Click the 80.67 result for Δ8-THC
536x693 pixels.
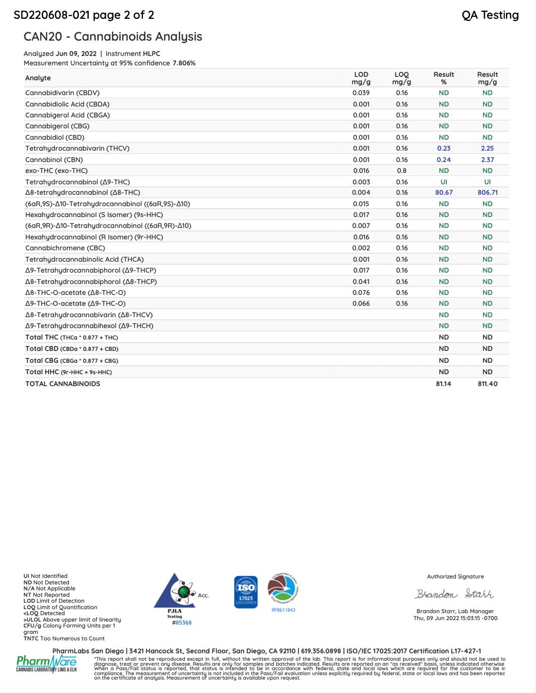coord(444,192)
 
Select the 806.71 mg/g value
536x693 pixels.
coord(487,192)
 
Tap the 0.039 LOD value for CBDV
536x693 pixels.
coord(361,93)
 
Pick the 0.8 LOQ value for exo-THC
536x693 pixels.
coord(402,171)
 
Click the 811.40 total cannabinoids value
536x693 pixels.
coord(487,384)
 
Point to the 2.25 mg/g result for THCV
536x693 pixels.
coord(487,148)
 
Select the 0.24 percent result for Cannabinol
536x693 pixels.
coord(444,160)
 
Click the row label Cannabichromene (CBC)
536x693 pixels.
coord(65,248)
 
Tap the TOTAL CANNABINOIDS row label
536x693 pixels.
coord(63,384)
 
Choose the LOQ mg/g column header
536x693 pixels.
coord(402,78)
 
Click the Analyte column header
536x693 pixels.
coord(38,78)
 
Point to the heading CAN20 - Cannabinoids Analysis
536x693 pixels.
coord(113,37)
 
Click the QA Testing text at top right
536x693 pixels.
coord(490,15)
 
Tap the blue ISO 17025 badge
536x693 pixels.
coord(246,592)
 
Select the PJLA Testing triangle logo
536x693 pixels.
coord(175,592)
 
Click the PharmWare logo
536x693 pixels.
coord(46,663)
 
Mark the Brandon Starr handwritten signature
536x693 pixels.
coord(454,594)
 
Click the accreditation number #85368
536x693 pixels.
coord(182,623)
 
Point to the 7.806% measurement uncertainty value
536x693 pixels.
coord(184,63)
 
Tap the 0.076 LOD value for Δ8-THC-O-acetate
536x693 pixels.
coord(361,292)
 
